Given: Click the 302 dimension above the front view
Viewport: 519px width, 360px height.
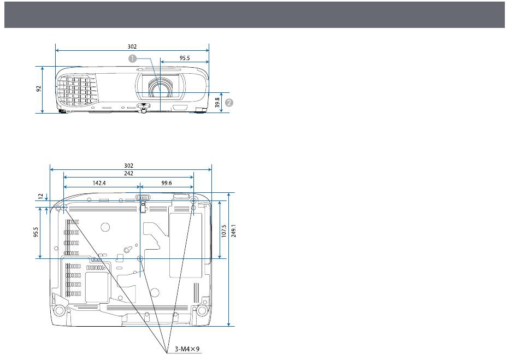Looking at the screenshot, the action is pos(132,46).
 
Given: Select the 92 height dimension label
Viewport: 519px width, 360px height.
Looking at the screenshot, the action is pos(39,88).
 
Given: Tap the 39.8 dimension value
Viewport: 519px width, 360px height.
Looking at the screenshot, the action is pos(217,102).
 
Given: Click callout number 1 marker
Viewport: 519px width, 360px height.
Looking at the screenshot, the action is pos(132,58).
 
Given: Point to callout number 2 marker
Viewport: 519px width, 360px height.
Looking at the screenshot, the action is pos(229,103).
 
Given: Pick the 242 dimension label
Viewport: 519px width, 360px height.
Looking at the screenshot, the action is pos(128,173).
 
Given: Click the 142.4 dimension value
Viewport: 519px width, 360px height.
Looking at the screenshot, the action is pos(99,183).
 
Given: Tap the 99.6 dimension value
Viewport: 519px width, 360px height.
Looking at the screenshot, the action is pos(167,183).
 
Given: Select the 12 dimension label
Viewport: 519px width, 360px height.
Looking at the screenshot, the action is pos(40,196).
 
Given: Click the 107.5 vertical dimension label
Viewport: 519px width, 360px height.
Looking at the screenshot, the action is pos(224,231).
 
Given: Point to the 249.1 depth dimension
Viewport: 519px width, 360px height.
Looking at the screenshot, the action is pos(234,231).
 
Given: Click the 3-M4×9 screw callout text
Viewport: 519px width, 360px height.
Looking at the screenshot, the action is pos(187,349).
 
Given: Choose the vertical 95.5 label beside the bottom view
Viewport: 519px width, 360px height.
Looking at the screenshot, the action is pos(36,232).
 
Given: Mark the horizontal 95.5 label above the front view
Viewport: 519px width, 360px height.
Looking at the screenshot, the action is pos(185,58).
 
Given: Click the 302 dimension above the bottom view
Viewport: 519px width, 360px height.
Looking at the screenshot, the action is pos(128,166).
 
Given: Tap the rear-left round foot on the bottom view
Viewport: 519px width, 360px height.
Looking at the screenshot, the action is pos(59,310).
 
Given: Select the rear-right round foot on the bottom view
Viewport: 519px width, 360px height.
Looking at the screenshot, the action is pos(201,310).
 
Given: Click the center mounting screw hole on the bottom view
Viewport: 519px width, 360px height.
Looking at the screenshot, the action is pos(140,258).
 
